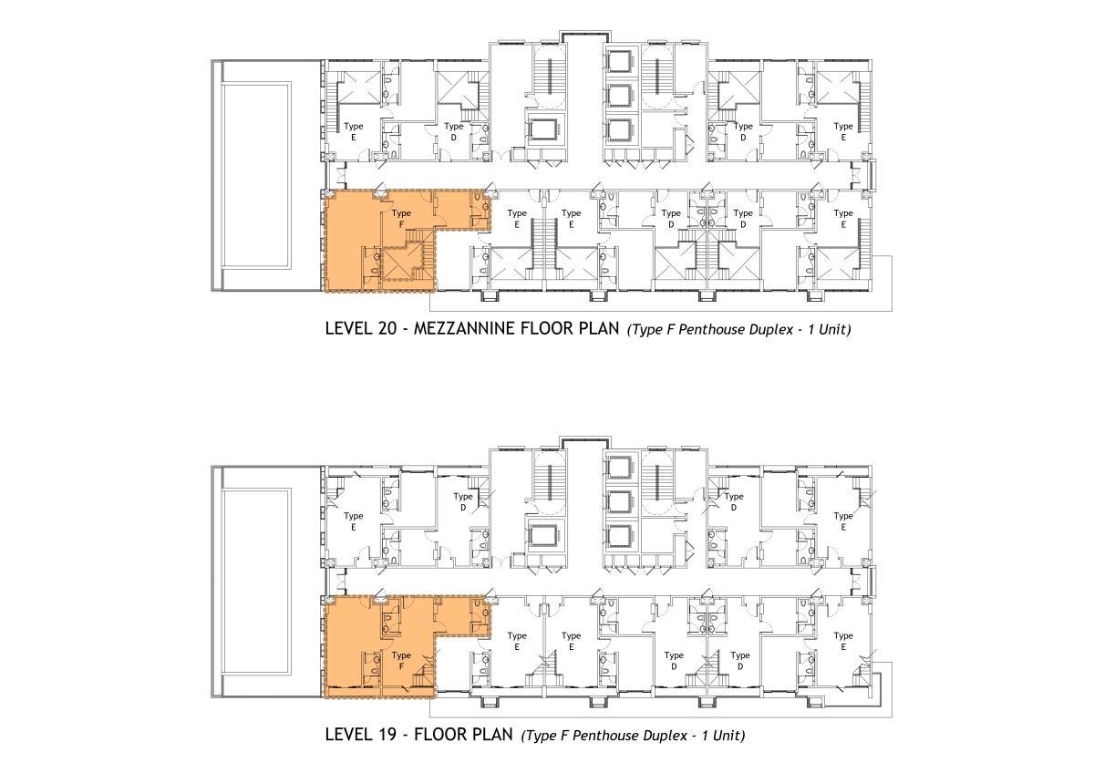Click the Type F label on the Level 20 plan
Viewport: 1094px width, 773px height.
point(401,219)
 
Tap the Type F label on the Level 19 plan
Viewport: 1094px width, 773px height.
point(401,661)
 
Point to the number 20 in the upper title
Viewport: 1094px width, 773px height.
point(387,329)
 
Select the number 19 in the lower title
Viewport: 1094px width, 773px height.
point(386,735)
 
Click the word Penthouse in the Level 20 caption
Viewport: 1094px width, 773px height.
point(709,330)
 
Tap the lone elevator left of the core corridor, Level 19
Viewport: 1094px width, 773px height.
point(545,536)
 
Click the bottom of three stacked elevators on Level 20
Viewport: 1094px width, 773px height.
point(621,131)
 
